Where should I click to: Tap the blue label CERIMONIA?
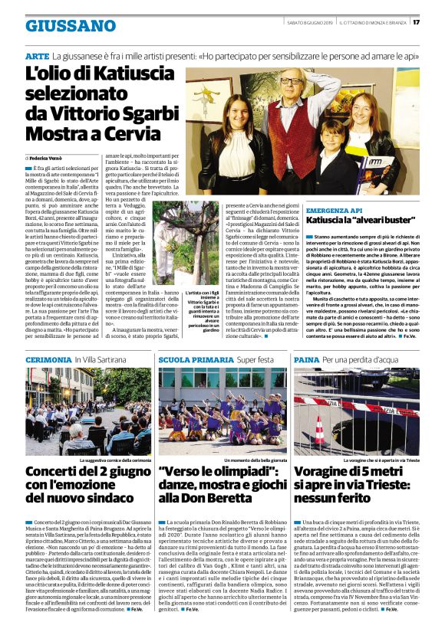48,359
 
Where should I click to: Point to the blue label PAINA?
306,359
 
